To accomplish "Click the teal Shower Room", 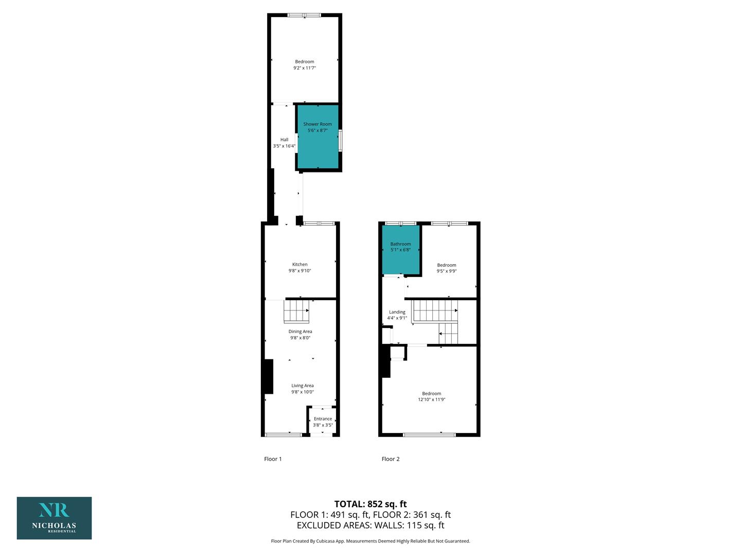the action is tap(317, 137).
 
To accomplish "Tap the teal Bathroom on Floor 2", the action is tap(401, 250).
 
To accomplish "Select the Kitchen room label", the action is tap(300, 264).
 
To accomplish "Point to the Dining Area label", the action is tap(300, 332).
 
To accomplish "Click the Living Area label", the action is tap(303, 386).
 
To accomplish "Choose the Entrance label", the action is tap(323, 419).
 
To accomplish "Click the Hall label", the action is tap(284, 140).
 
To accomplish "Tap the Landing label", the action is tap(397, 312).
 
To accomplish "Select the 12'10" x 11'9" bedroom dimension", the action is tap(431, 399).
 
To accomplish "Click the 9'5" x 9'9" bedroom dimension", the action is tap(446, 271).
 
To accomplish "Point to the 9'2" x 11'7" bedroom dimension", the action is tap(305, 67).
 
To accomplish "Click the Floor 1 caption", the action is tap(273, 459).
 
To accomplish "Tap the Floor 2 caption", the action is tap(391, 459).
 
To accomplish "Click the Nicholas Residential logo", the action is tap(55, 518).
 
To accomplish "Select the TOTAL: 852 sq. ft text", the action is tap(370, 504).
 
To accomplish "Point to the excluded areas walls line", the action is tap(370, 525).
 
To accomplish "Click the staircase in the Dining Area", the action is tap(296, 311).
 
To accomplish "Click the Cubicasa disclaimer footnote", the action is tap(370, 541).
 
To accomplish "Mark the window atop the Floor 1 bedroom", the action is tap(304, 15).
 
